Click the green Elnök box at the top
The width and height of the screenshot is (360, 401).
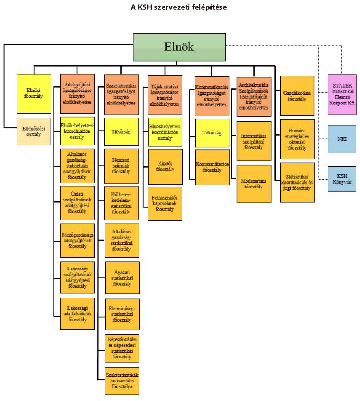point(179,47)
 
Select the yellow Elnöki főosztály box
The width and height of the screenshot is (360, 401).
point(34,93)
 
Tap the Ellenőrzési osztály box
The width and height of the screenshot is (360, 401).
point(34,131)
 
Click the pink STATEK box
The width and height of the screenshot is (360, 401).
point(342,94)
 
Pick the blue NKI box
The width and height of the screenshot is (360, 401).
point(342,139)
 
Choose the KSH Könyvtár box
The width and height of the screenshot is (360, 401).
point(342,179)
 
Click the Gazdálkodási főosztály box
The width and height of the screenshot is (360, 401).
point(297,95)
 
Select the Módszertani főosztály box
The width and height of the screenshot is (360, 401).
point(254,183)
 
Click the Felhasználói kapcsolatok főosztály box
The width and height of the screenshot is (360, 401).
point(165,203)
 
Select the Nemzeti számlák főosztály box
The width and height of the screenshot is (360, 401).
point(122,166)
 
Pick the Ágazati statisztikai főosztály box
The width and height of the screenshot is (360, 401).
point(122,278)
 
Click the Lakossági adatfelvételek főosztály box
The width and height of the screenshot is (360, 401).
point(77,313)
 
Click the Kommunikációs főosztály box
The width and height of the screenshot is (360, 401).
point(212,167)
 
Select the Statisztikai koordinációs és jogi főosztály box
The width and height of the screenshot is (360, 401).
point(297,182)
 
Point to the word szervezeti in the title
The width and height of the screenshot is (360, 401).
point(178,7)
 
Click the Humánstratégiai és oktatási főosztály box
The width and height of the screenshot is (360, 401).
point(297,139)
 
